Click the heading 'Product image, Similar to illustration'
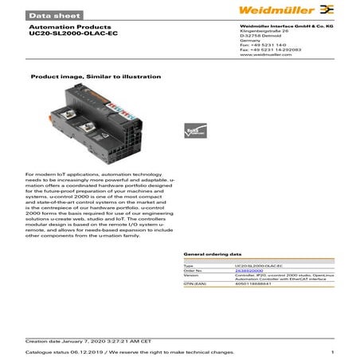point(95,76)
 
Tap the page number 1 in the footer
point(331,350)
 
